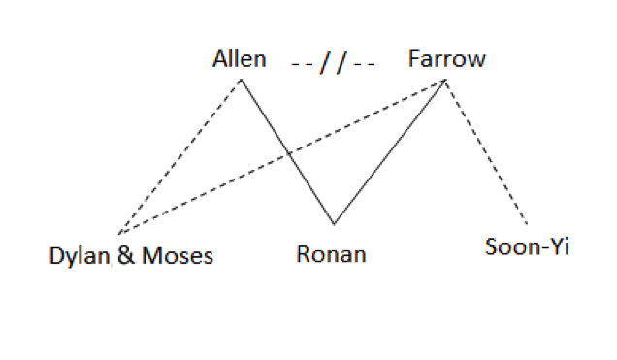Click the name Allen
(x=239, y=59)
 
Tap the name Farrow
(x=446, y=59)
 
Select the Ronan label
(x=332, y=255)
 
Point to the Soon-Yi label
(x=527, y=246)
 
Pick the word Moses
(x=178, y=257)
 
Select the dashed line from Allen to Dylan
(x=179, y=156)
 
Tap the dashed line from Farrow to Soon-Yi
(x=485, y=150)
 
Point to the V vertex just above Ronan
(x=334, y=224)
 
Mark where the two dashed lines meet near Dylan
(x=118, y=234)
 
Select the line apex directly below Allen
(x=241, y=80)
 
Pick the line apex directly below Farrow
(x=445, y=81)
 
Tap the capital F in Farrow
(x=414, y=59)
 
